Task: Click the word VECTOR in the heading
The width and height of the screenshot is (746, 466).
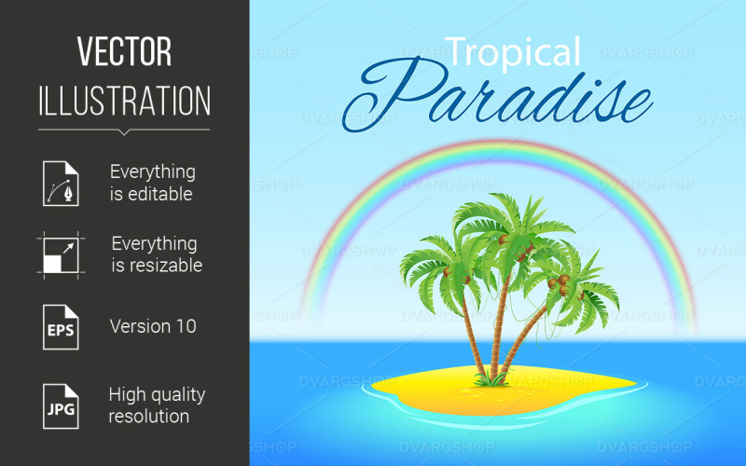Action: pyautogui.click(x=124, y=52)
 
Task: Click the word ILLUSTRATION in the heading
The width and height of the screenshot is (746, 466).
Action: pyautogui.click(x=124, y=101)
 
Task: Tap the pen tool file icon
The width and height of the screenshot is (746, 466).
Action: pyautogui.click(x=60, y=183)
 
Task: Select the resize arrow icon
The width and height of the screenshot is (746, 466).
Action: pyautogui.click(x=60, y=254)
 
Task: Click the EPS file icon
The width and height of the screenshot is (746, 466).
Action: pyautogui.click(x=60, y=326)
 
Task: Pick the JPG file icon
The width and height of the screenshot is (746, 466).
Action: pyautogui.click(x=60, y=404)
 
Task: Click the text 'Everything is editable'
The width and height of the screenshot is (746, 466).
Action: pyautogui.click(x=152, y=183)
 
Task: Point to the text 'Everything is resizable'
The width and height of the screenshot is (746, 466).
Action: pyautogui.click(x=154, y=254)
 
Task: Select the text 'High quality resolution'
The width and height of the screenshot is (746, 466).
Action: pyautogui.click(x=156, y=404)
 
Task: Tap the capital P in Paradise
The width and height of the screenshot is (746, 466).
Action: pyautogui.click(x=410, y=98)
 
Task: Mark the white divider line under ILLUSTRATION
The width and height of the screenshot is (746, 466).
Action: pyautogui.click(x=124, y=129)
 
